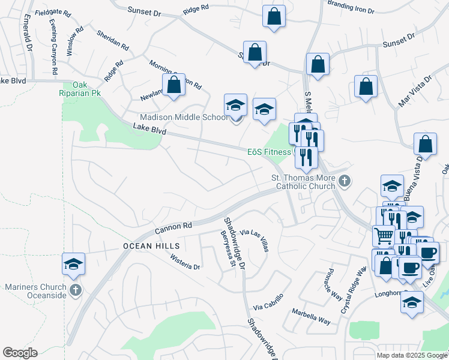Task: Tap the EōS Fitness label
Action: (270, 152)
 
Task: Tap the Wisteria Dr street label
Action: (185, 262)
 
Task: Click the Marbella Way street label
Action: (311, 316)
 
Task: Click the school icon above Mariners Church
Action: (74, 264)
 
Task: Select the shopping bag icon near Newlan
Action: (173, 85)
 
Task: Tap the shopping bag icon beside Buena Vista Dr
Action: (425, 145)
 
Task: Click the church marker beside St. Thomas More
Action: (345, 181)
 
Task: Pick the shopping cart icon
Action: (384, 235)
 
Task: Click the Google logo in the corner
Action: (20, 353)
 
